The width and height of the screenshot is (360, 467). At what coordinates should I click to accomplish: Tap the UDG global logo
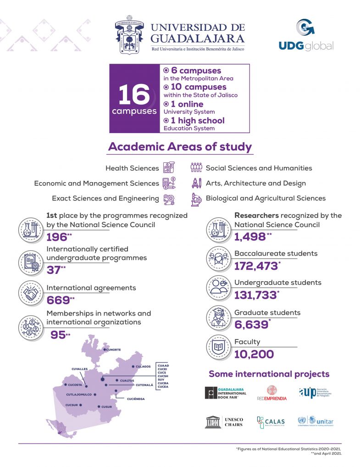(306, 35)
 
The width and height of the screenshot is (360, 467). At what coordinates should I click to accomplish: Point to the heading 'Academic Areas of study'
(180, 147)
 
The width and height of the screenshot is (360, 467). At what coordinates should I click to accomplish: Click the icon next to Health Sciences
(168, 167)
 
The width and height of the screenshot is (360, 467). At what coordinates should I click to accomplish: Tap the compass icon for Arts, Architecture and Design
(197, 183)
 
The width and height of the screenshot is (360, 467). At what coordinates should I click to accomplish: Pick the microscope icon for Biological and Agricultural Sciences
(197, 199)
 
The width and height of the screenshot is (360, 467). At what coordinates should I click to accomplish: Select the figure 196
(57, 237)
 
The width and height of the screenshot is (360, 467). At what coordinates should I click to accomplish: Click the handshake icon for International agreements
(32, 292)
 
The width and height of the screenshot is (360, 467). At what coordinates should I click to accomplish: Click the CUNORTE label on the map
(114, 350)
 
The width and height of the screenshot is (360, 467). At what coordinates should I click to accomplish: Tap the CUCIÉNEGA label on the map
(136, 399)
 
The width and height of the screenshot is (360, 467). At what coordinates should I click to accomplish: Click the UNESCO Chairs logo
(224, 422)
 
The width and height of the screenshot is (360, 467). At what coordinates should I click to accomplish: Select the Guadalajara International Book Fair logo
(226, 393)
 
